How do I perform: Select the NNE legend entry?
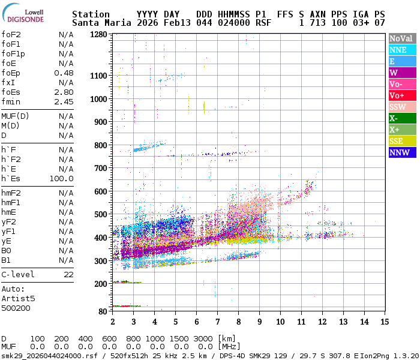pyautogui.click(x=401, y=50)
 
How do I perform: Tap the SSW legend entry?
pyautogui.click(x=401, y=107)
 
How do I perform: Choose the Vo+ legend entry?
pyautogui.click(x=401, y=95)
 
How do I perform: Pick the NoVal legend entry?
pyautogui.click(x=401, y=38)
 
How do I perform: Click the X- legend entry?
pyautogui.click(x=401, y=118)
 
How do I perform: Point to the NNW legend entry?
pyautogui.click(x=401, y=152)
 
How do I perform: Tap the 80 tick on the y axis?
pyautogui.click(x=103, y=311)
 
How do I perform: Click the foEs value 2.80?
pyautogui.click(x=64, y=92)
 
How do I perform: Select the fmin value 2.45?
pyautogui.click(x=64, y=102)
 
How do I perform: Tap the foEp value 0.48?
pyautogui.click(x=64, y=73)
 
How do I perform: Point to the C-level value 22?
pyautogui.click(x=68, y=274)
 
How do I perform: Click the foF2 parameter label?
pyautogui.click(x=11, y=35)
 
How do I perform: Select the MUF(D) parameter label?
pyautogui.click(x=16, y=116)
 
